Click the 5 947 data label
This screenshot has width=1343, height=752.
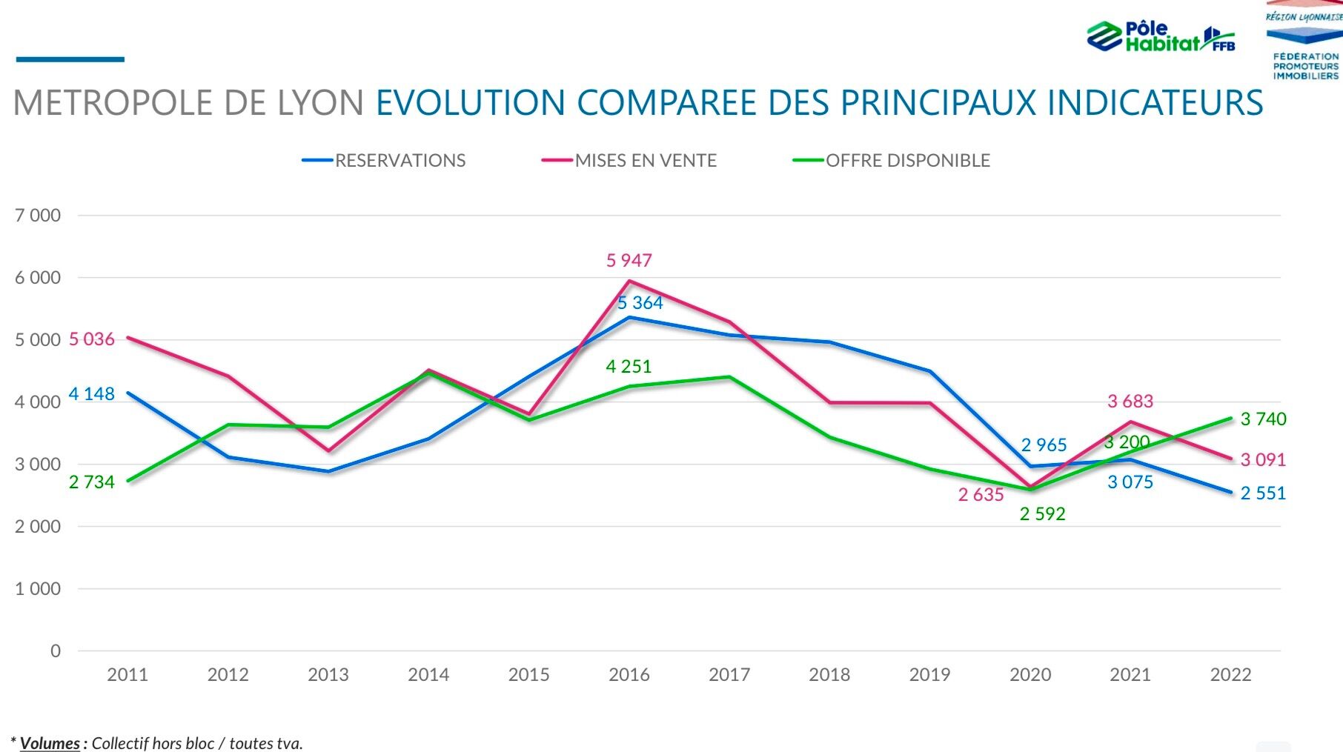[x=629, y=261]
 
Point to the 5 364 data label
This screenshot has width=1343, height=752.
[x=640, y=303]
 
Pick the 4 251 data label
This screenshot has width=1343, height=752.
[x=629, y=367]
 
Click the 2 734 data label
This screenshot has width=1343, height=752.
[x=92, y=482]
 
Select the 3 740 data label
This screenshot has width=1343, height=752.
[x=1263, y=419]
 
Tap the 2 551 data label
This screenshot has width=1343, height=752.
[x=1263, y=493]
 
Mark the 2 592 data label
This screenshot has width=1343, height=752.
[x=1042, y=514]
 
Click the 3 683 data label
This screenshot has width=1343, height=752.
[x=1130, y=402]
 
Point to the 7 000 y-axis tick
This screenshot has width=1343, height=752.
[x=38, y=216]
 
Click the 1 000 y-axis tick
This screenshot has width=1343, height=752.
[x=38, y=589]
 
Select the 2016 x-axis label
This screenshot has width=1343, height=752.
[x=629, y=675]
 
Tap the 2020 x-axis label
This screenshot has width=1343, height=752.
[x=1030, y=675]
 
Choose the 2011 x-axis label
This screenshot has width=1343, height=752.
[x=127, y=675]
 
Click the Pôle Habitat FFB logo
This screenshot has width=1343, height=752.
[x=1160, y=36]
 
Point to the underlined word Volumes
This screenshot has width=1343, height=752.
[x=50, y=743]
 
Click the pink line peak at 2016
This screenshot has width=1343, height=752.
[x=629, y=281]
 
